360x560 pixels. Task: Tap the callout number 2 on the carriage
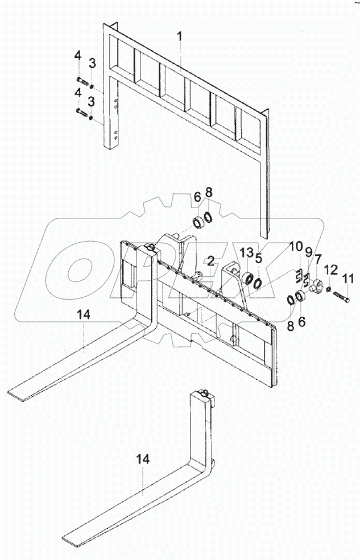pos(210,261)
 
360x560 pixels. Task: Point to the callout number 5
pos(258,258)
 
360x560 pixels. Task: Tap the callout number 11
pos(347,278)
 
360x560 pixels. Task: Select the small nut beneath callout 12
pos(329,290)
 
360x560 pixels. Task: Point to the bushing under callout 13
pos(248,279)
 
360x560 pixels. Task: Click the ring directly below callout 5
pos(258,283)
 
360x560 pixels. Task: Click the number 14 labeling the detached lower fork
pos(143,459)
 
